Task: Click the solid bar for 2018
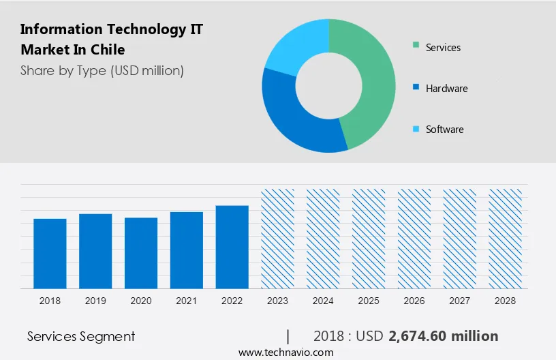[50, 253]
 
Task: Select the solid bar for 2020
[141, 252]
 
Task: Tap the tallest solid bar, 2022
[232, 246]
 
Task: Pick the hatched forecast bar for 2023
[278, 238]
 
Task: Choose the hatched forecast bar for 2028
[506, 238]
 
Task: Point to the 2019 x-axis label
[95, 300]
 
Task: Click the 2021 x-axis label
[187, 300]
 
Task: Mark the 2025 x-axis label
[369, 300]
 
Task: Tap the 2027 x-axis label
[460, 300]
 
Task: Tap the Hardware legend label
[446, 89]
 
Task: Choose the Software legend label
[444, 130]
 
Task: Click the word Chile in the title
[110, 50]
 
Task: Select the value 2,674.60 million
[443, 336]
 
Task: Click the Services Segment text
[81, 336]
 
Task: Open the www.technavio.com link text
[285, 352]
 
